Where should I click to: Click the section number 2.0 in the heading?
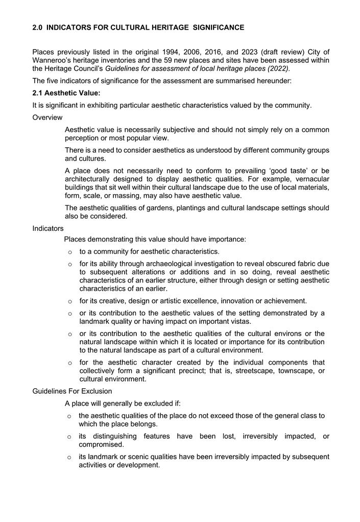(37, 28)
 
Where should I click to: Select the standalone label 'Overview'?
(47, 117)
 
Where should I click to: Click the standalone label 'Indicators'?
(48, 228)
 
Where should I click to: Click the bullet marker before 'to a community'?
(70, 252)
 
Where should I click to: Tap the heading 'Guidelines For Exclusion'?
(72, 391)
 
